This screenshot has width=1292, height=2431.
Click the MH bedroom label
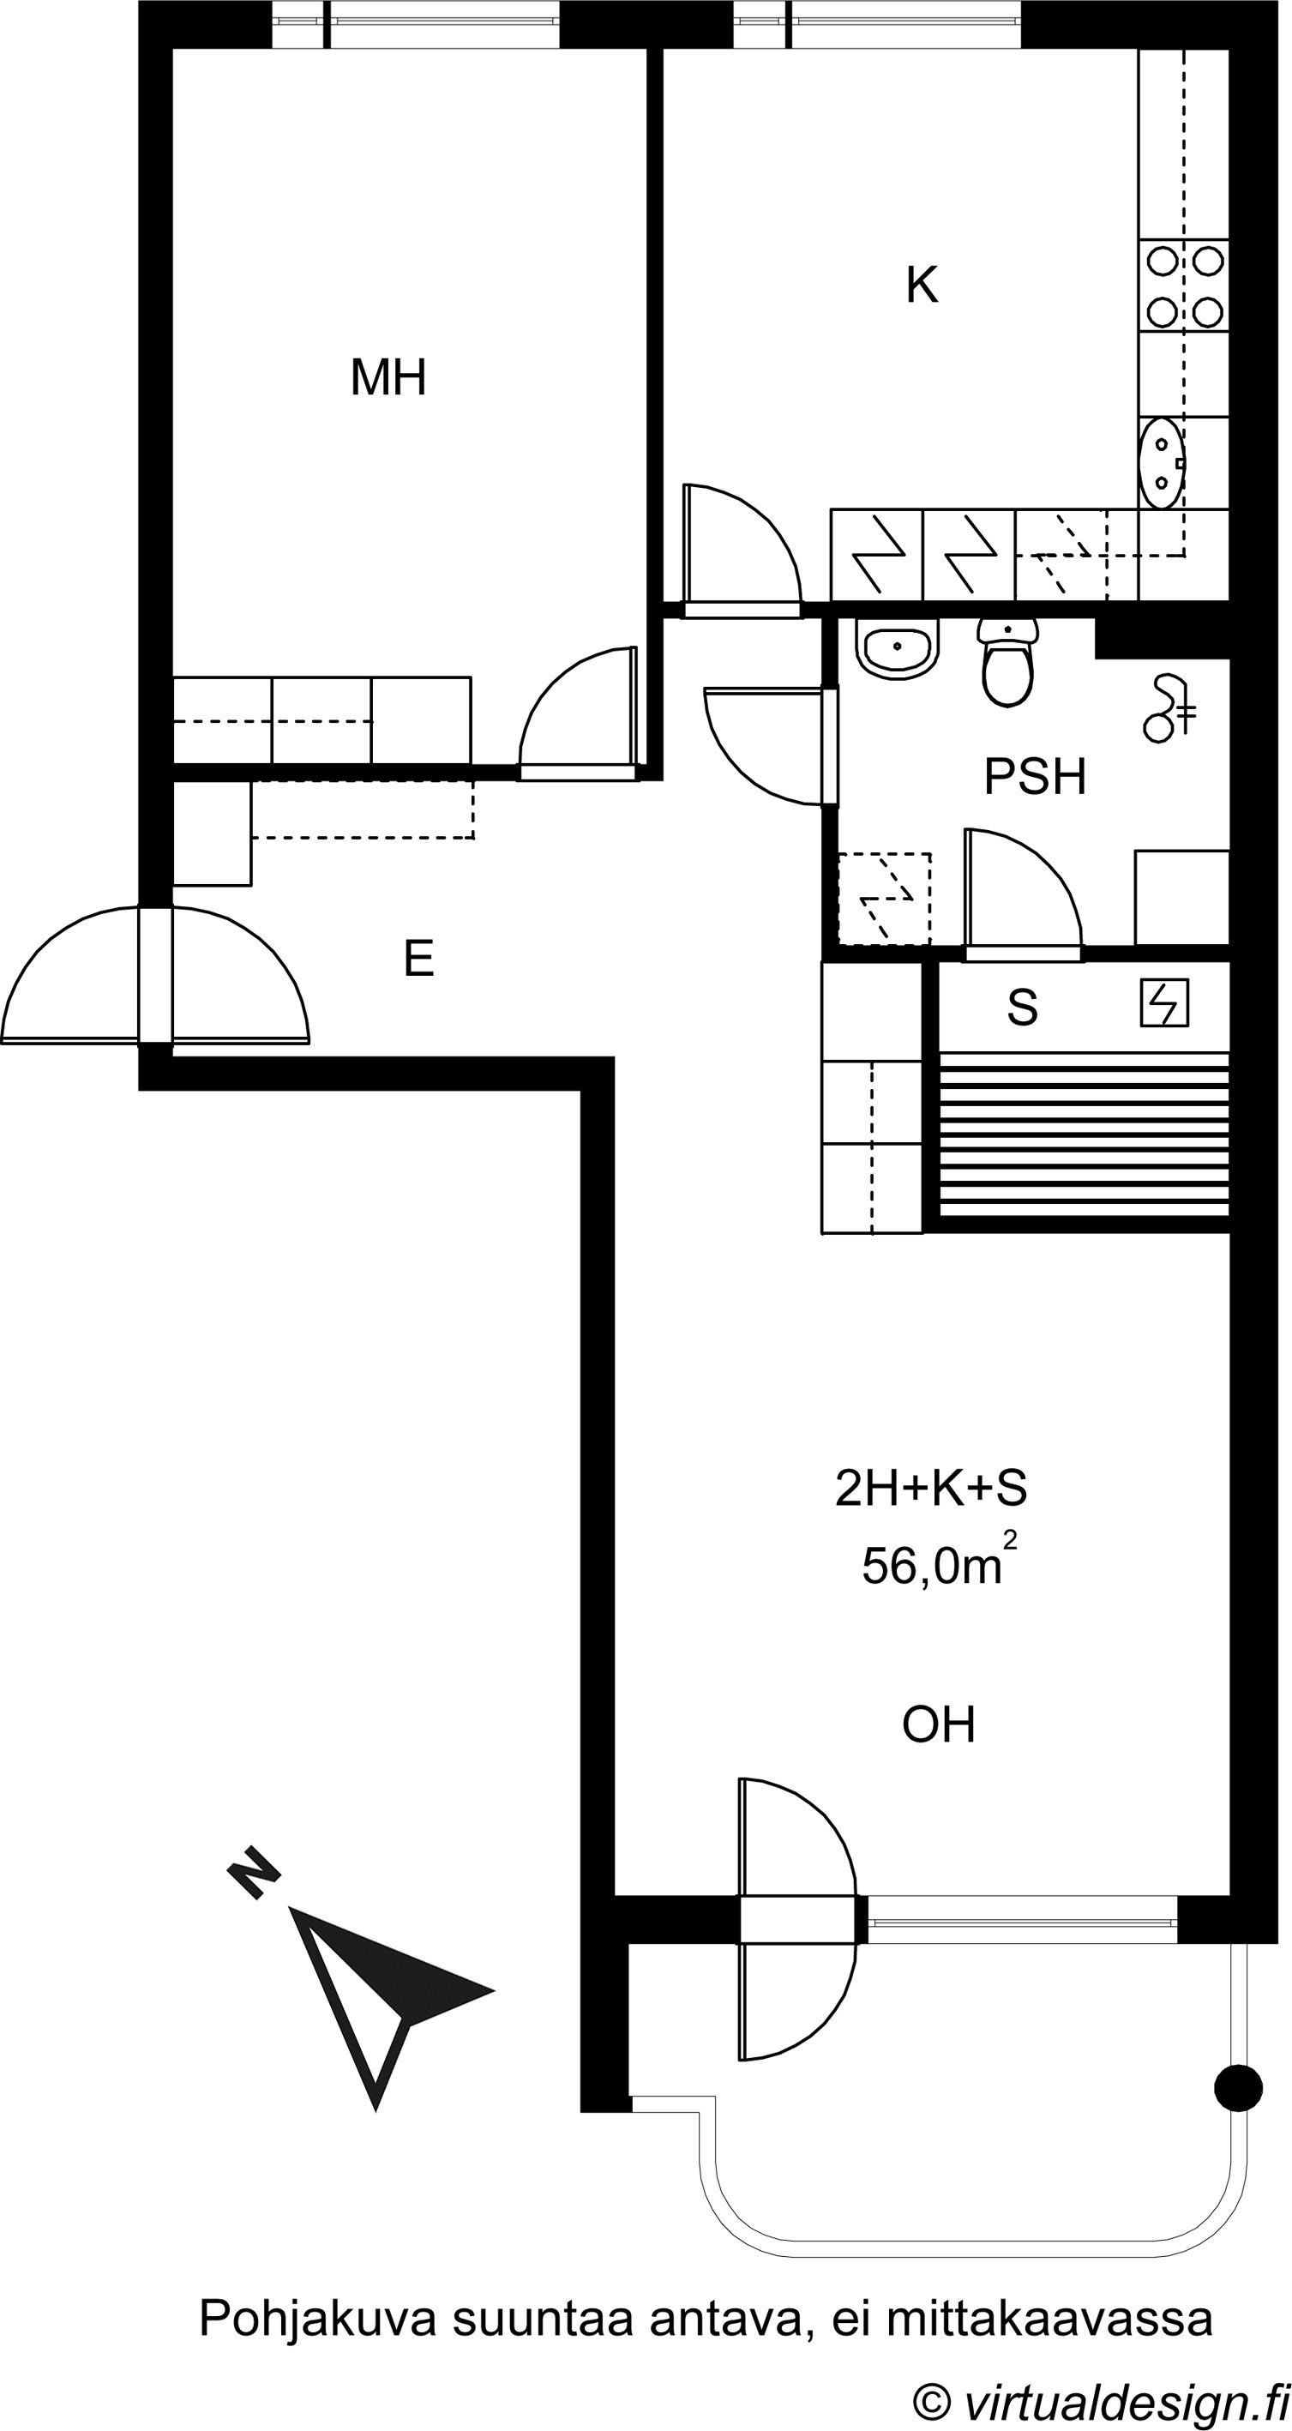388,377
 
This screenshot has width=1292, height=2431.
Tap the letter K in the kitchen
922,285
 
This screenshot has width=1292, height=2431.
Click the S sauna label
1022,1007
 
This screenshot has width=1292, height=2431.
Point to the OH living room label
939,1725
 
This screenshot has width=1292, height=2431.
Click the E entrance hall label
418,960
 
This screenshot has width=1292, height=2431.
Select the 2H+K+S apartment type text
931,1489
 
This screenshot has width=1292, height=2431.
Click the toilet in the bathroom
1008,660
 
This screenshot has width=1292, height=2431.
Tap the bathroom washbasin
898,647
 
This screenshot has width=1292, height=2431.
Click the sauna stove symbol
1163,1003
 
